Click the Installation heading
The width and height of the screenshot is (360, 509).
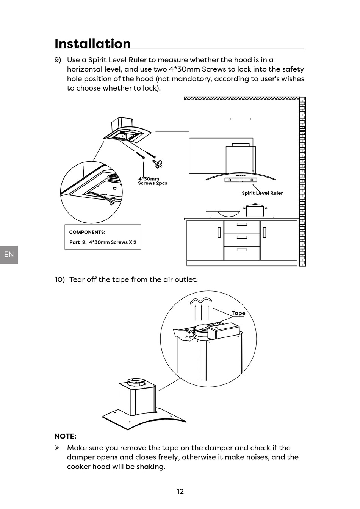point(92,44)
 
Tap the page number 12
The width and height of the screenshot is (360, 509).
point(180,492)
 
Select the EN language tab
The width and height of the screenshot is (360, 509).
point(9,254)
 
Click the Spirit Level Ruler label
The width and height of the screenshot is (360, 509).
point(262,193)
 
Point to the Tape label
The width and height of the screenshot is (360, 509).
point(238,313)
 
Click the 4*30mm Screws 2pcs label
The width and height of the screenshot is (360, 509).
point(152,181)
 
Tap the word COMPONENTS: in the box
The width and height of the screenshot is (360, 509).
point(87,232)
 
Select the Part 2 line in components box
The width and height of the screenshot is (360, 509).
point(103,242)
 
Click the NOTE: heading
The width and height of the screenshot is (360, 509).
point(66,436)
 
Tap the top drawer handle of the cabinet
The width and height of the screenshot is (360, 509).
point(242,225)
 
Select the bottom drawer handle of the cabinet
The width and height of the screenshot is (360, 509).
point(242,250)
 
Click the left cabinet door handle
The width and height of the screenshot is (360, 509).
point(219,232)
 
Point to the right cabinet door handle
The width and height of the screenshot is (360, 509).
point(265,232)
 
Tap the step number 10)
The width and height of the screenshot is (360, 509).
point(59,280)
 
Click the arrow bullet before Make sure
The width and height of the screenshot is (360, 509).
point(57,448)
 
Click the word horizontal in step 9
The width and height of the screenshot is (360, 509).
point(85,69)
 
